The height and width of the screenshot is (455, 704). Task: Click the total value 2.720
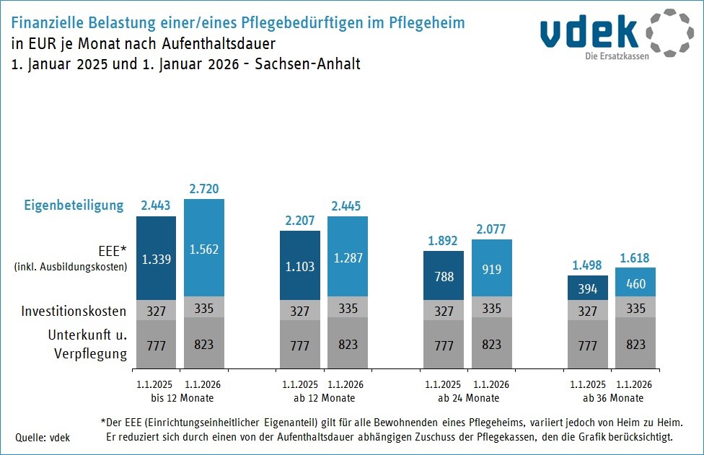(x=204, y=189)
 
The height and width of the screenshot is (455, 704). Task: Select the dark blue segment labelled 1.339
(x=157, y=259)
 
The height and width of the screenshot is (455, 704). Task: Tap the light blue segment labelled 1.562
(x=204, y=249)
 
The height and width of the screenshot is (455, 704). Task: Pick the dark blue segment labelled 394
(x=588, y=288)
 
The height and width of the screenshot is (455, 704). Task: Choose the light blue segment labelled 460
(x=635, y=283)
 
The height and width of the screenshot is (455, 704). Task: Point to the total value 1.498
(x=588, y=265)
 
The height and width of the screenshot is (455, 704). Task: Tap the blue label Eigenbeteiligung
(x=74, y=206)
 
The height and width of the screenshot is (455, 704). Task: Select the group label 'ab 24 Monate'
(x=467, y=398)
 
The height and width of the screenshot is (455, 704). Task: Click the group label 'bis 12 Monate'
(x=181, y=398)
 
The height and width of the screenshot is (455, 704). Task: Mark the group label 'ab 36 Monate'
(x=612, y=398)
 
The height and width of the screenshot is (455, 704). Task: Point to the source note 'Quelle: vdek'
(x=43, y=437)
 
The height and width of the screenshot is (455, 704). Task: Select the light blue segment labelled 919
(x=491, y=268)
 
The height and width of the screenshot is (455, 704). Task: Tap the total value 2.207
(x=300, y=221)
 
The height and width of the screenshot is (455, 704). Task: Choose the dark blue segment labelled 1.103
(x=300, y=266)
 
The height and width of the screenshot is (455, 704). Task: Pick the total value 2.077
(x=491, y=229)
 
